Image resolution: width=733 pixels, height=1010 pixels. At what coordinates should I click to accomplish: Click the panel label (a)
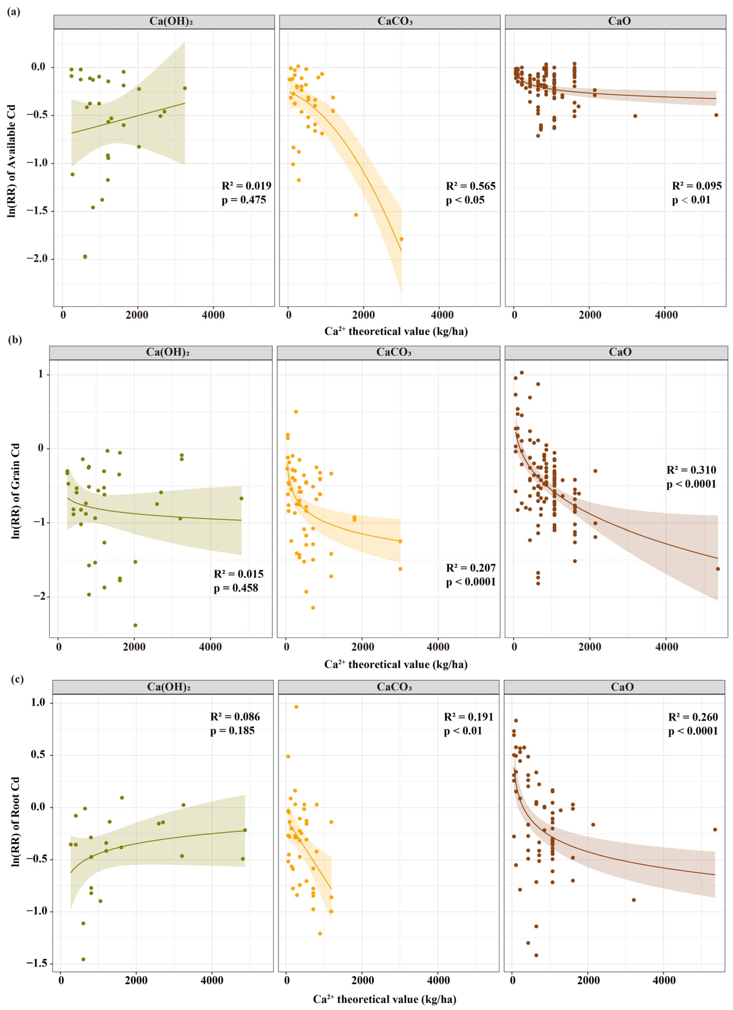(x=13, y=12)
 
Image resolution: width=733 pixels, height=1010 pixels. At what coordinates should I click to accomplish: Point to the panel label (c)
(x=13, y=679)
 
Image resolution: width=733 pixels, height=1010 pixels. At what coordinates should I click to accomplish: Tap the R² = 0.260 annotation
(x=693, y=717)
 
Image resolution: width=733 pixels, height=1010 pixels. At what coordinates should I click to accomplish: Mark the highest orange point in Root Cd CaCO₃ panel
(x=296, y=707)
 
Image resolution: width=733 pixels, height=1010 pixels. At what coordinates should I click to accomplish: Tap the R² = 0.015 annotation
(x=238, y=574)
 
